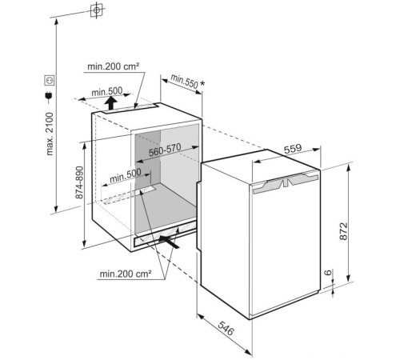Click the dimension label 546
[226, 328]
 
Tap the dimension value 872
[344, 231]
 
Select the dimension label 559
[293, 149]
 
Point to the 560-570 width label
[165, 150]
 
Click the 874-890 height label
[79, 182]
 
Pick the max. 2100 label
[50, 134]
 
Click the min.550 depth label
[185, 81]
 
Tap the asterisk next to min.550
[202, 83]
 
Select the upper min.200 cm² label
[114, 66]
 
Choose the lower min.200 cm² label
[126, 274]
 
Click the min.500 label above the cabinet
[106, 92]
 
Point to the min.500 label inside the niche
[125, 175]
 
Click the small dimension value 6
[329, 272]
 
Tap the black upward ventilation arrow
[110, 103]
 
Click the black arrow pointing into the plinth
[169, 242]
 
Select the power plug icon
[49, 98]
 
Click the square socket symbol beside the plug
[50, 80]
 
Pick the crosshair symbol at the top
[96, 10]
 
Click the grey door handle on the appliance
[286, 182]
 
